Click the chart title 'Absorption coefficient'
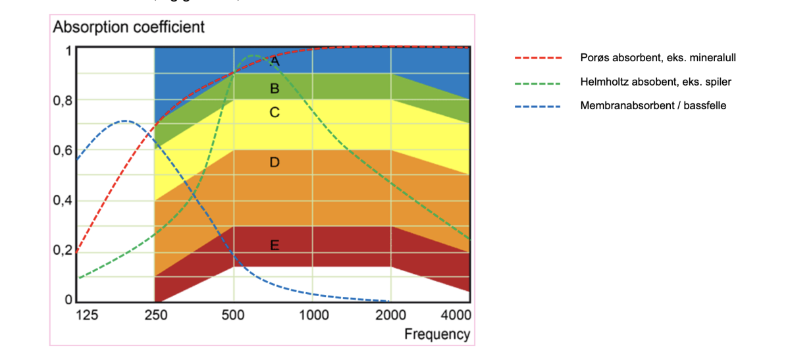(128, 27)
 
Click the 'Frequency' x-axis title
(437, 334)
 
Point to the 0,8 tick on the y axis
(63, 101)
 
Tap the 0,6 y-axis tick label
(63, 151)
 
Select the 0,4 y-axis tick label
(63, 201)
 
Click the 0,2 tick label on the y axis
(63, 251)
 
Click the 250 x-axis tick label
(155, 315)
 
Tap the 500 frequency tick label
(234, 315)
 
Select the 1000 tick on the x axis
(314, 315)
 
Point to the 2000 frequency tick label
(391, 315)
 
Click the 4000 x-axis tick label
(455, 315)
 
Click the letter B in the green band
(275, 88)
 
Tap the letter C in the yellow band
(275, 113)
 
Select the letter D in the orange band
(275, 162)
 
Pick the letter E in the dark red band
(275, 245)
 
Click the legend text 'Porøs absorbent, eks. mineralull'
(658, 58)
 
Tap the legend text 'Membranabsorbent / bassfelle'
(653, 105)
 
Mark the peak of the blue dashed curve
(124, 121)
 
